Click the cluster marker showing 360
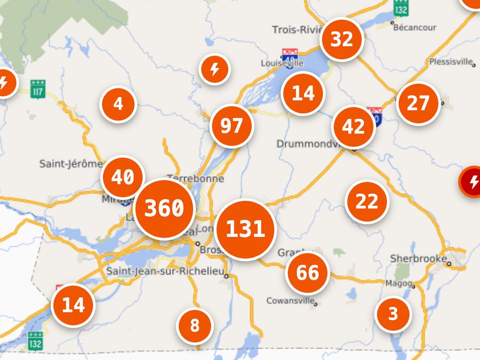click(x=164, y=208)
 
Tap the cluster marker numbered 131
click(x=245, y=229)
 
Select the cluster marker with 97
click(x=232, y=126)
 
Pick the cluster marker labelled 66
click(x=307, y=273)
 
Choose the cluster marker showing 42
click(x=354, y=127)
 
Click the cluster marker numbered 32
click(x=342, y=39)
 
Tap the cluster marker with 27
click(x=418, y=104)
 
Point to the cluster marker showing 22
click(x=367, y=202)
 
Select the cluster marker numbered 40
click(x=123, y=177)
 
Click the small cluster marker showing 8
click(x=195, y=326)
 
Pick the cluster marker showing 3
click(x=393, y=314)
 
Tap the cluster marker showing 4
click(x=118, y=104)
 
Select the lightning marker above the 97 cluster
click(x=215, y=70)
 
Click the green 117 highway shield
click(x=38, y=89)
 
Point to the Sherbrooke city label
click(x=418, y=259)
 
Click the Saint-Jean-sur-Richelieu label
click(x=165, y=271)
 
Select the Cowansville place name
click(x=290, y=301)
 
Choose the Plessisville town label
click(x=451, y=62)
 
